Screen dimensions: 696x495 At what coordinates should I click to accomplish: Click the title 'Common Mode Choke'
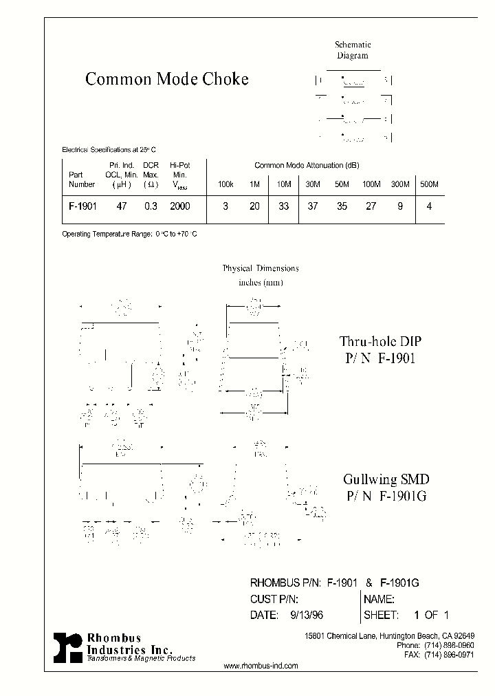(x=167, y=79)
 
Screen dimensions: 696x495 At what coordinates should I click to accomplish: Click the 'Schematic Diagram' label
(x=353, y=50)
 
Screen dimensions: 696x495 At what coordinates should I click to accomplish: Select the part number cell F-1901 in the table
(x=82, y=206)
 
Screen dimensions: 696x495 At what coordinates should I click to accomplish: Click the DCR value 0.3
(x=151, y=206)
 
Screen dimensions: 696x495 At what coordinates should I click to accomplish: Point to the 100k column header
(x=225, y=184)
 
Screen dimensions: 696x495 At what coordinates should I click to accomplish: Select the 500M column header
(x=429, y=184)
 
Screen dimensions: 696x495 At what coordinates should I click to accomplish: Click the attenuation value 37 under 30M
(x=313, y=206)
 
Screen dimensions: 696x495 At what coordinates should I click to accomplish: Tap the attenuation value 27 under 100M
(x=371, y=206)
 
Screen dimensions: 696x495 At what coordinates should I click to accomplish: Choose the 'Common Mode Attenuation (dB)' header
(x=307, y=166)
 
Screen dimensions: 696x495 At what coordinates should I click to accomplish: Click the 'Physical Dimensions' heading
(x=261, y=268)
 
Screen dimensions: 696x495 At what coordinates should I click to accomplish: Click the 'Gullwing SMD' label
(x=379, y=480)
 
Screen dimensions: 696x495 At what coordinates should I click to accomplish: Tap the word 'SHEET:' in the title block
(x=382, y=614)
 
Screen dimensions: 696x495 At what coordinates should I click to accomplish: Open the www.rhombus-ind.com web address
(x=261, y=666)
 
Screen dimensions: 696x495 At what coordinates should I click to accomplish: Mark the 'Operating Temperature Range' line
(x=130, y=235)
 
